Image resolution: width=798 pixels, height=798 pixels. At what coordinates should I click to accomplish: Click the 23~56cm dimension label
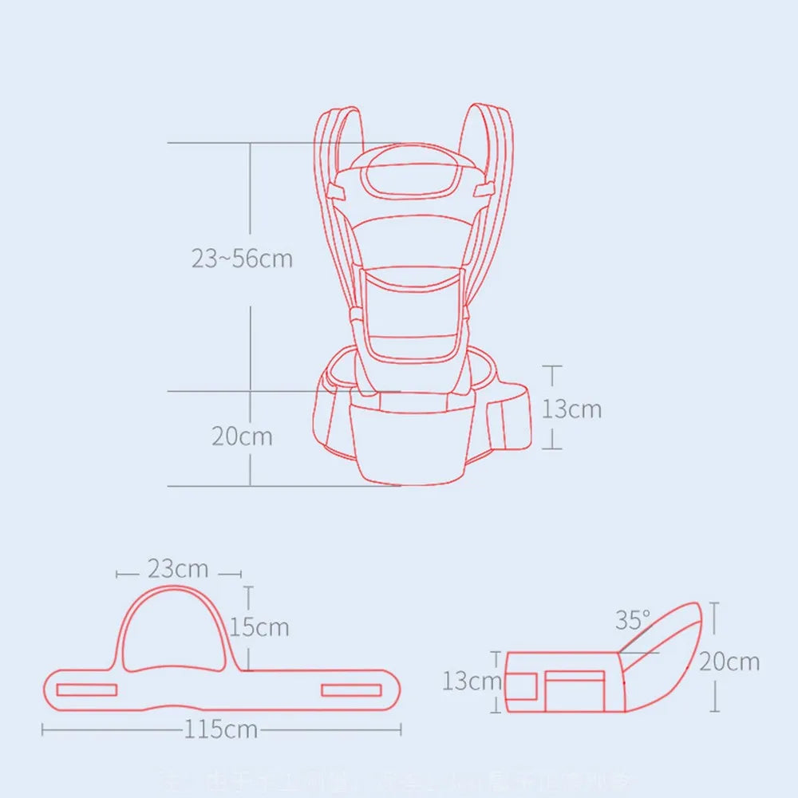pyautogui.click(x=242, y=259)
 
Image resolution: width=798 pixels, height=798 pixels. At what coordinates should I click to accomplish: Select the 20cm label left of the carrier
pyautogui.click(x=242, y=437)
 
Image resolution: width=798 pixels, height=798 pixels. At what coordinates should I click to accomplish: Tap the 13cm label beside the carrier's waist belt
pyautogui.click(x=572, y=409)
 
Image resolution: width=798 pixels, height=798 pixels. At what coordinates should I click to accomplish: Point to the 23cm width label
pyautogui.click(x=177, y=569)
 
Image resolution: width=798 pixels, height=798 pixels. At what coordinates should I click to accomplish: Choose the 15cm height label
pyautogui.click(x=260, y=626)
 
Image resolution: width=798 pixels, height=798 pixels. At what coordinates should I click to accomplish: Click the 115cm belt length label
pyautogui.click(x=221, y=729)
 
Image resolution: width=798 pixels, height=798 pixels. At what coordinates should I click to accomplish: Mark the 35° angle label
pyautogui.click(x=632, y=619)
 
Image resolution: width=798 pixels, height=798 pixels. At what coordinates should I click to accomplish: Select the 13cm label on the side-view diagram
pyautogui.click(x=472, y=681)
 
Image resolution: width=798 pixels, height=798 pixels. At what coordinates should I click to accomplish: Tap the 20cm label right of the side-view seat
pyautogui.click(x=729, y=661)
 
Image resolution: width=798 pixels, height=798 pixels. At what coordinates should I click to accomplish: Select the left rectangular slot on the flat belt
pyautogui.click(x=87, y=689)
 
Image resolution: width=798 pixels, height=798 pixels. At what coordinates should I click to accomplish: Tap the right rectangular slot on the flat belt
pyautogui.click(x=352, y=689)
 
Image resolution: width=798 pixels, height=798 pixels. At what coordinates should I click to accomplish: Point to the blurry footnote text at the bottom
pyautogui.click(x=399, y=777)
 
